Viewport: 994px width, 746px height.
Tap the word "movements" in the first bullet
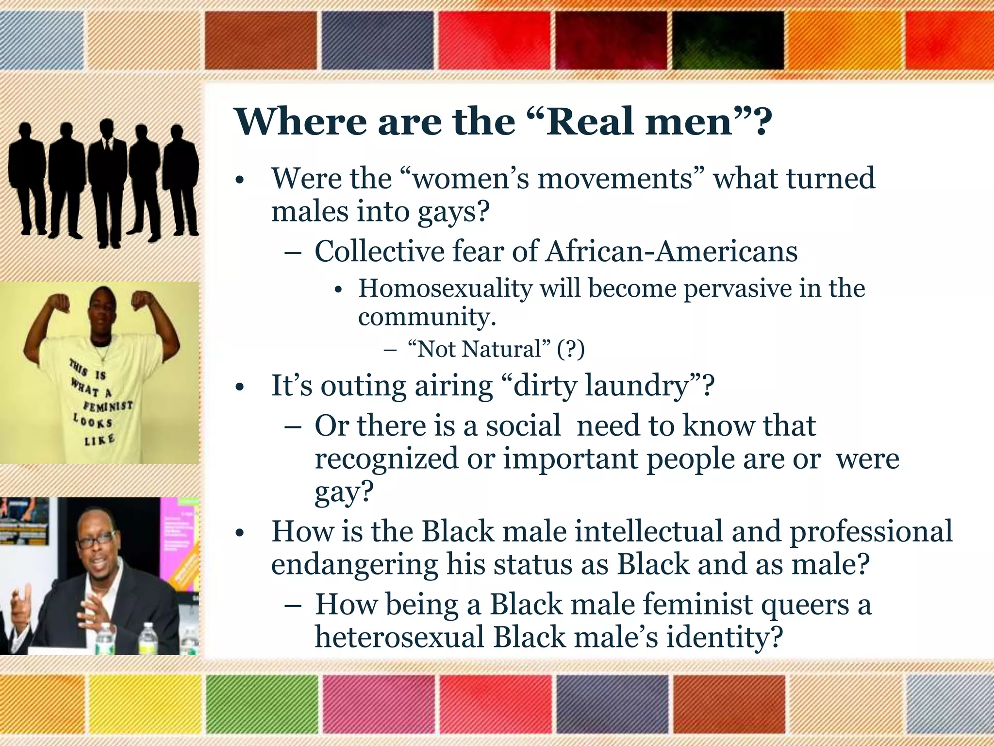(614, 178)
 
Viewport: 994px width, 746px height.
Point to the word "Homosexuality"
(445, 288)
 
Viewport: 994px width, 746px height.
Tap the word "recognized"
(386, 458)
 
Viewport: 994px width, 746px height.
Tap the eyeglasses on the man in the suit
(97, 540)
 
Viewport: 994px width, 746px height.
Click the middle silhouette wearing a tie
(108, 185)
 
